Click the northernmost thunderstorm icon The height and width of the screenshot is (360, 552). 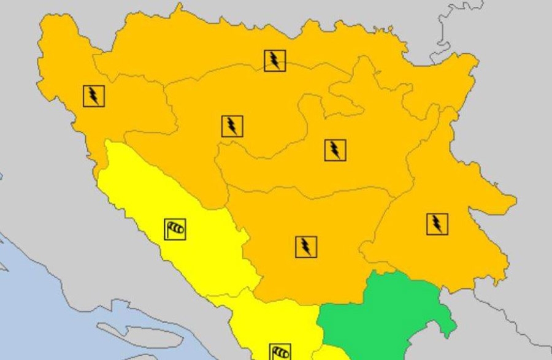275,61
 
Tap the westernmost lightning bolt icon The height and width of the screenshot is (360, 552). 94,96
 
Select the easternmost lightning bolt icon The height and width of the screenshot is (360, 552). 437,224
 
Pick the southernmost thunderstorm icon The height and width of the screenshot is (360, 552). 305,247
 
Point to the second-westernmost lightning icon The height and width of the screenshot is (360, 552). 232,126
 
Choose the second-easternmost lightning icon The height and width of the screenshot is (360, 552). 335,150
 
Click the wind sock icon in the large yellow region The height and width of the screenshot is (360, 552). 175,229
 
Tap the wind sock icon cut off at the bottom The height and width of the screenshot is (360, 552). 280,352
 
